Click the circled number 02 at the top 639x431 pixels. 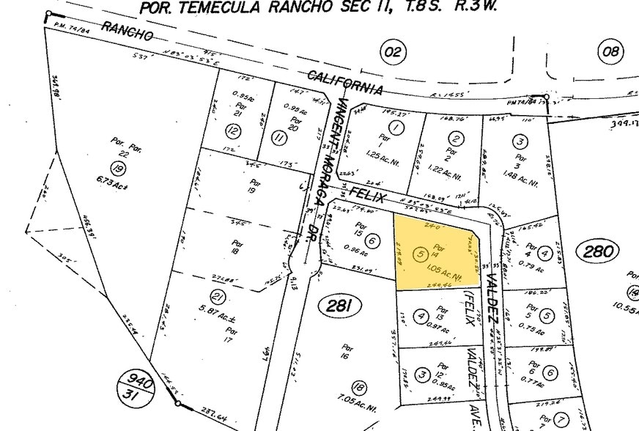click(x=393, y=51)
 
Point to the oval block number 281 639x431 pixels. click(x=339, y=306)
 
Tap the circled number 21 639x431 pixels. click(x=217, y=297)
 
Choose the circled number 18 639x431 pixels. click(x=359, y=388)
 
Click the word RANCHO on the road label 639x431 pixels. click(x=128, y=32)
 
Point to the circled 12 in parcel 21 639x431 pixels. click(x=233, y=132)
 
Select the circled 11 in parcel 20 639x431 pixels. click(x=278, y=136)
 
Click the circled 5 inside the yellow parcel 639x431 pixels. click(x=420, y=254)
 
